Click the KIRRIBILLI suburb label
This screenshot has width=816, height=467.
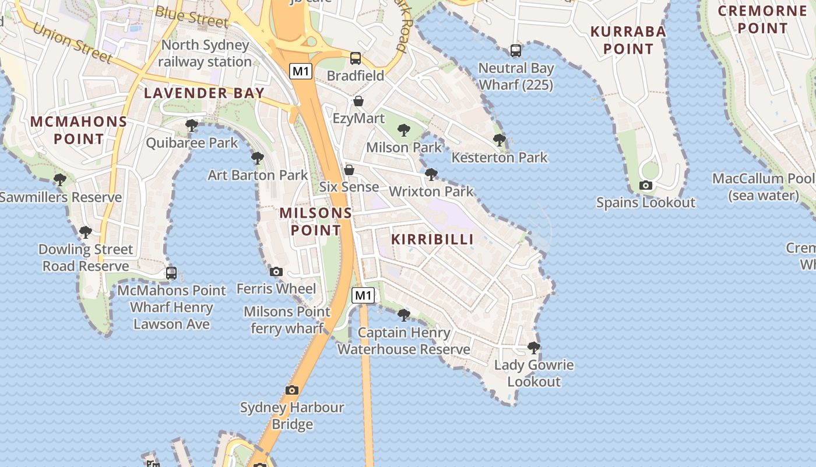[432, 239]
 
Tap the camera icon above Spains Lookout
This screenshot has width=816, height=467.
[645, 186]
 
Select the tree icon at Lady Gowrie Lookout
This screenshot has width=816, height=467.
[533, 348]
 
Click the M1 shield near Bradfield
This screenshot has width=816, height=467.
[301, 71]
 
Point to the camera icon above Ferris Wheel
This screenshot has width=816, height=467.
[276, 271]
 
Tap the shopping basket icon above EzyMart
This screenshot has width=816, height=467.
[358, 101]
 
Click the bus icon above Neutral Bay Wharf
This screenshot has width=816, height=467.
[516, 51]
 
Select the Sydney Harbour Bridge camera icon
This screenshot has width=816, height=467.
[292, 390]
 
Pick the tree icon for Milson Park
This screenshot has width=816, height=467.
[404, 130]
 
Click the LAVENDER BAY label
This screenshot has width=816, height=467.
[204, 93]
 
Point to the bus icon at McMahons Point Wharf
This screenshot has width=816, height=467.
[171, 273]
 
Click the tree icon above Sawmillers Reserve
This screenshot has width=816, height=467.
[60, 180]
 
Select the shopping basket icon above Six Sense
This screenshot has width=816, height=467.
[349, 170]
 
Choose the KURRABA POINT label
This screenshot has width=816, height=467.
[628, 40]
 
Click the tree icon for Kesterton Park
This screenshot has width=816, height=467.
[500, 140]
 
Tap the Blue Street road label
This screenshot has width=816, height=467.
[192, 17]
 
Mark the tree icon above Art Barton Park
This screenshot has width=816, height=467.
[257, 158]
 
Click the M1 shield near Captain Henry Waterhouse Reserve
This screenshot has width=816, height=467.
[363, 295]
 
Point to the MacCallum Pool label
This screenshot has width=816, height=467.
[764, 187]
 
